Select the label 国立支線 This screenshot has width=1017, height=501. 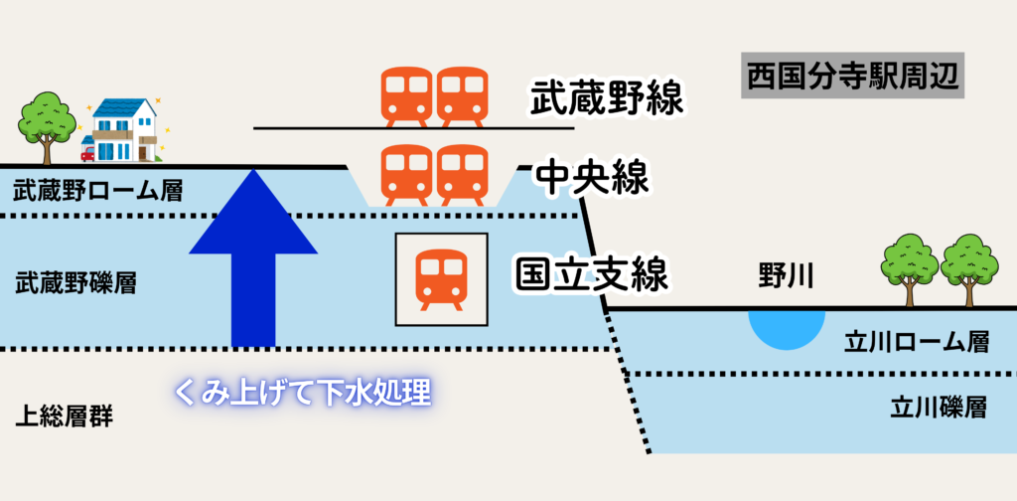point(591,273)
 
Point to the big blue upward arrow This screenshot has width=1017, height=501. point(255,258)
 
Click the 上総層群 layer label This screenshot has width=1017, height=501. point(64,416)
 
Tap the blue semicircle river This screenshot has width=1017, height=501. point(786,327)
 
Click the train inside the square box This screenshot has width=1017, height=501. point(442,279)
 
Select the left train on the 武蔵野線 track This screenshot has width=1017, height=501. point(407,96)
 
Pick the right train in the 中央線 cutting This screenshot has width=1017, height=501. point(463,175)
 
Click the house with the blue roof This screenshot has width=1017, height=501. point(125,130)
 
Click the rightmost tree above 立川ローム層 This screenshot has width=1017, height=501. point(969,266)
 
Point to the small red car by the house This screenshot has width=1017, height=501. point(87,154)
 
